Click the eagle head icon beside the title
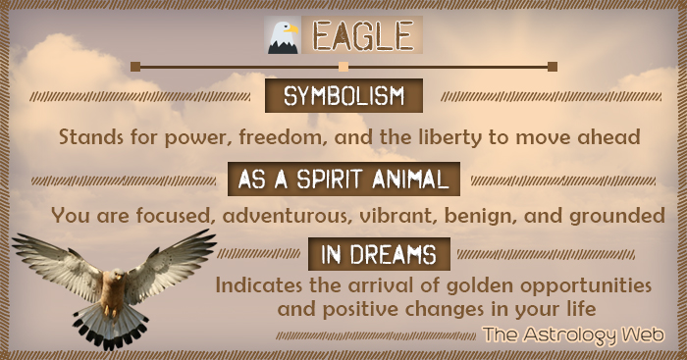click(283, 36)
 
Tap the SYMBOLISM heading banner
click(344, 97)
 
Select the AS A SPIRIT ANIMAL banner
click(344, 180)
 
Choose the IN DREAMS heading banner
click(379, 254)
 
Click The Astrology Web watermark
click(572, 335)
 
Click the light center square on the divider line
click(343, 67)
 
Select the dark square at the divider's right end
click(553, 67)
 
